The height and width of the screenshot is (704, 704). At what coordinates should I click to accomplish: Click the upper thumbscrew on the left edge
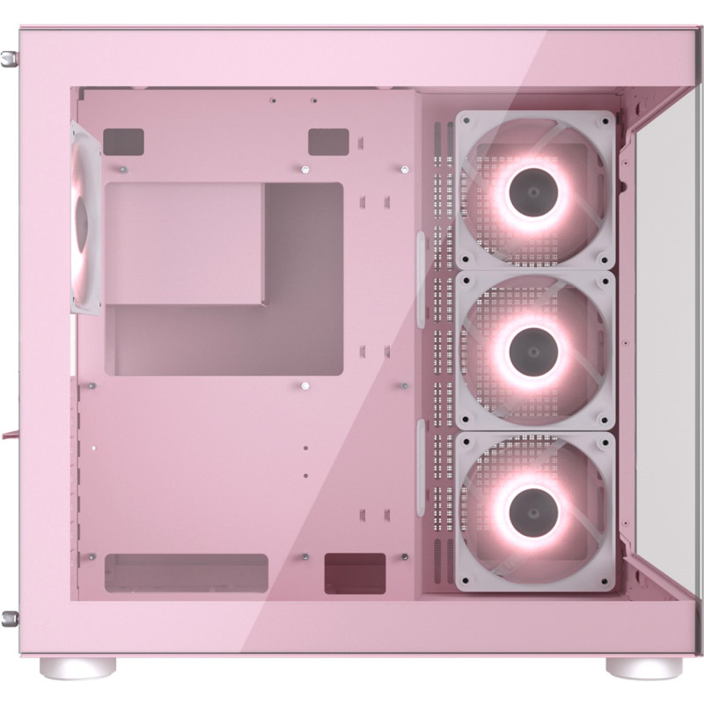(9, 59)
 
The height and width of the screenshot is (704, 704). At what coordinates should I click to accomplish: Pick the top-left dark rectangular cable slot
(123, 141)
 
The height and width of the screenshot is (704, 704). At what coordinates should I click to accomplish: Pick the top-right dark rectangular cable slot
(328, 141)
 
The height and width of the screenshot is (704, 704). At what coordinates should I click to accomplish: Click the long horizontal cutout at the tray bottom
(186, 572)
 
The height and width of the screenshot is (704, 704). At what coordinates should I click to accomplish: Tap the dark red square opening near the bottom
(355, 573)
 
